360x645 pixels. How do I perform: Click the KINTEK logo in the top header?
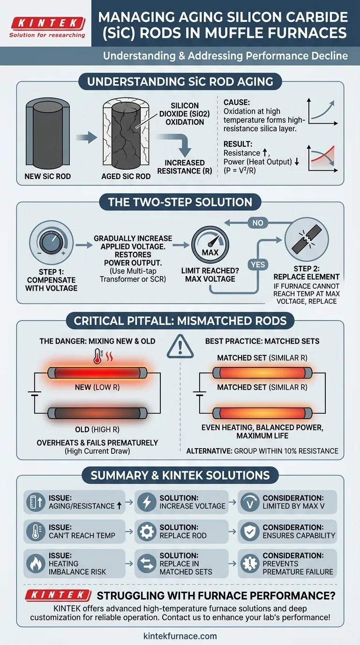tap(48, 27)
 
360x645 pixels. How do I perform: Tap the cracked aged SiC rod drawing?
tap(126, 133)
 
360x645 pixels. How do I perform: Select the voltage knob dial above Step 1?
tap(51, 242)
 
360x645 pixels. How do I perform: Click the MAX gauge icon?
tap(210, 245)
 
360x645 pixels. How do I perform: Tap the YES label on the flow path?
tap(258, 264)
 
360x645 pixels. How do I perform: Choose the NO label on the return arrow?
tap(258, 223)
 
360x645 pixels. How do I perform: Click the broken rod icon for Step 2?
tap(307, 240)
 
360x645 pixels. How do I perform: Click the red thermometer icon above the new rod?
tap(98, 356)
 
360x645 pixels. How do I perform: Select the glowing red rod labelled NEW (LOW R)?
tap(97, 373)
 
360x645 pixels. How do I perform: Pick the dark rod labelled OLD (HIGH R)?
tap(97, 413)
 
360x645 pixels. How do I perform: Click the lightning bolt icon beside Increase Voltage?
tap(147, 502)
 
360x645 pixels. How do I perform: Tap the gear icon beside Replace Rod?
tap(147, 531)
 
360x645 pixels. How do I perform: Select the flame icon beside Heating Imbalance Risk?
tap(36, 563)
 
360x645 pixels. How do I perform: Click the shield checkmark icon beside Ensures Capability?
tap(250, 531)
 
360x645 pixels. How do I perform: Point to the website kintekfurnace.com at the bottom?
tap(180, 636)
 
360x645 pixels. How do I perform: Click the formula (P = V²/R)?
tap(240, 171)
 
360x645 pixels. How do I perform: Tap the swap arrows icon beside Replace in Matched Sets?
tap(147, 563)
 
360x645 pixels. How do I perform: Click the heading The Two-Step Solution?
tap(180, 202)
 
